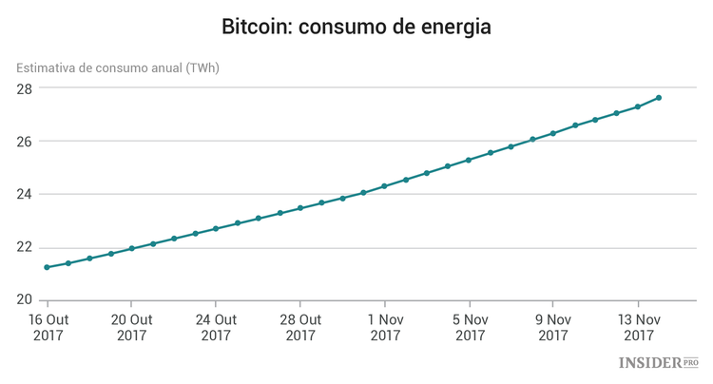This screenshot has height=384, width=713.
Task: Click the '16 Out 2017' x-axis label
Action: pos(48,327)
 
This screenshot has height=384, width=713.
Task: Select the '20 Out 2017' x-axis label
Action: pos(132,327)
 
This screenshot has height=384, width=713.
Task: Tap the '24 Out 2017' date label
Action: pos(216,327)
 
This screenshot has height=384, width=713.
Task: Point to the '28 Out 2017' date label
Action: pos(300,327)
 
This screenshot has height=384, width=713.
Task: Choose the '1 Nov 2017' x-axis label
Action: pos(385,327)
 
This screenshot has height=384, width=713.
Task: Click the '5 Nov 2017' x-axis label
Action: pos(470,327)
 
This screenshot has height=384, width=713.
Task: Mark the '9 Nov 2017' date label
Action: pos(553,327)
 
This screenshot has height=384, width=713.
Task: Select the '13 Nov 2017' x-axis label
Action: pos(638,327)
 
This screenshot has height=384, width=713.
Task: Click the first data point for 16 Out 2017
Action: pos(48,267)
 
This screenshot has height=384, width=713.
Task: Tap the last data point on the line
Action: pos(659,98)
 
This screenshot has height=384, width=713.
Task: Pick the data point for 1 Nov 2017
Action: pos(385,186)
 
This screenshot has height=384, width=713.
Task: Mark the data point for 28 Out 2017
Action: pos(300,208)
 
